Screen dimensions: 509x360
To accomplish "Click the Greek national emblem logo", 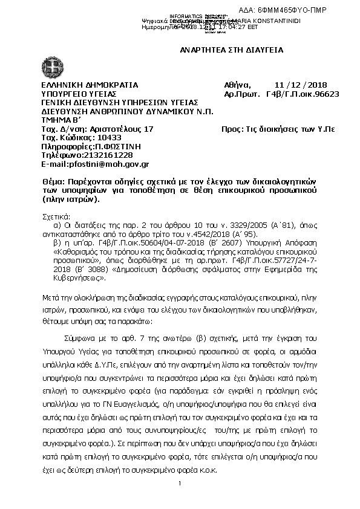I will point(50,66).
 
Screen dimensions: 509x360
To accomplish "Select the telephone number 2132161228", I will point(98,155).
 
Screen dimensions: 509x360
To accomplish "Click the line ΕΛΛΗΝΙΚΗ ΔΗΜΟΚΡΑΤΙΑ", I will point(89,85).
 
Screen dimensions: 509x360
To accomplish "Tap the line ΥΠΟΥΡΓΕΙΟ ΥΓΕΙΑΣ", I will point(78,94).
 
